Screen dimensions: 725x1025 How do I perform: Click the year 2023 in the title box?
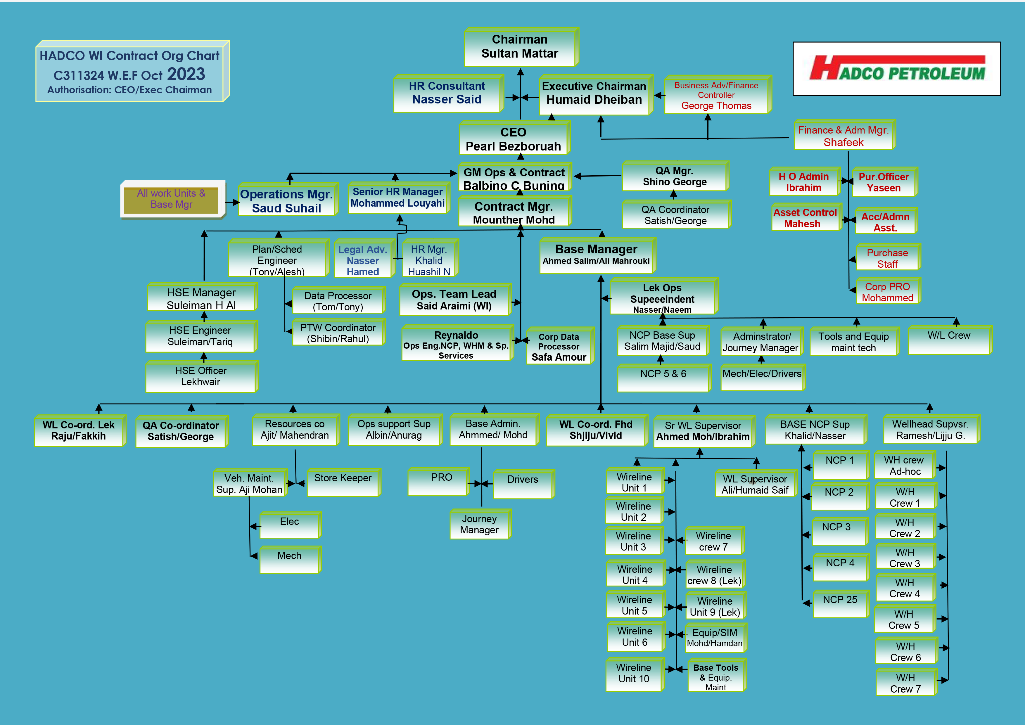click(186, 74)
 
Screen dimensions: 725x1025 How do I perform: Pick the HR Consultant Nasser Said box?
click(447, 93)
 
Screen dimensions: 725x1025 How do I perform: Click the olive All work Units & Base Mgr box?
click(172, 199)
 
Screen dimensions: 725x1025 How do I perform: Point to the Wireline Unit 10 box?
click(634, 674)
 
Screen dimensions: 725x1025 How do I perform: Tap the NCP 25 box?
click(840, 603)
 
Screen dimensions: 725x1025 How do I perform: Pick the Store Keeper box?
click(343, 482)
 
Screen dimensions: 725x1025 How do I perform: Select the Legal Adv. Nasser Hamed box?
click(363, 260)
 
